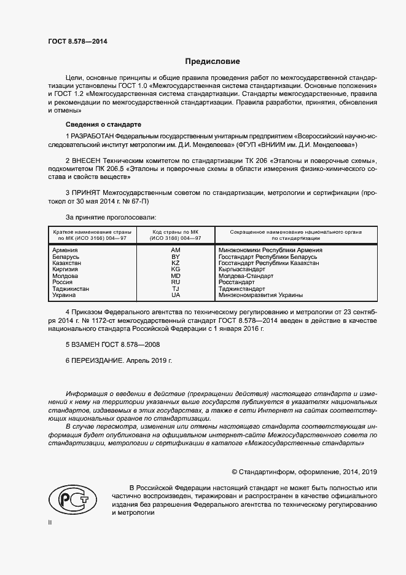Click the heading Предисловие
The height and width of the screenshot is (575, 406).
(213, 61)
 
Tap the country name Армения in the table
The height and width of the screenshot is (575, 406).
(65, 251)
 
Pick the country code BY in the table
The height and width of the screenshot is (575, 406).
(176, 257)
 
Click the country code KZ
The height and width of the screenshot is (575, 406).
(176, 263)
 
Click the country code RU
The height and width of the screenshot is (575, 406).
(176, 282)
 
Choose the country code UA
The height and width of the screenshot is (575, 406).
(176, 295)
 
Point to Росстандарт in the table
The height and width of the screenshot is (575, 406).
(236, 282)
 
